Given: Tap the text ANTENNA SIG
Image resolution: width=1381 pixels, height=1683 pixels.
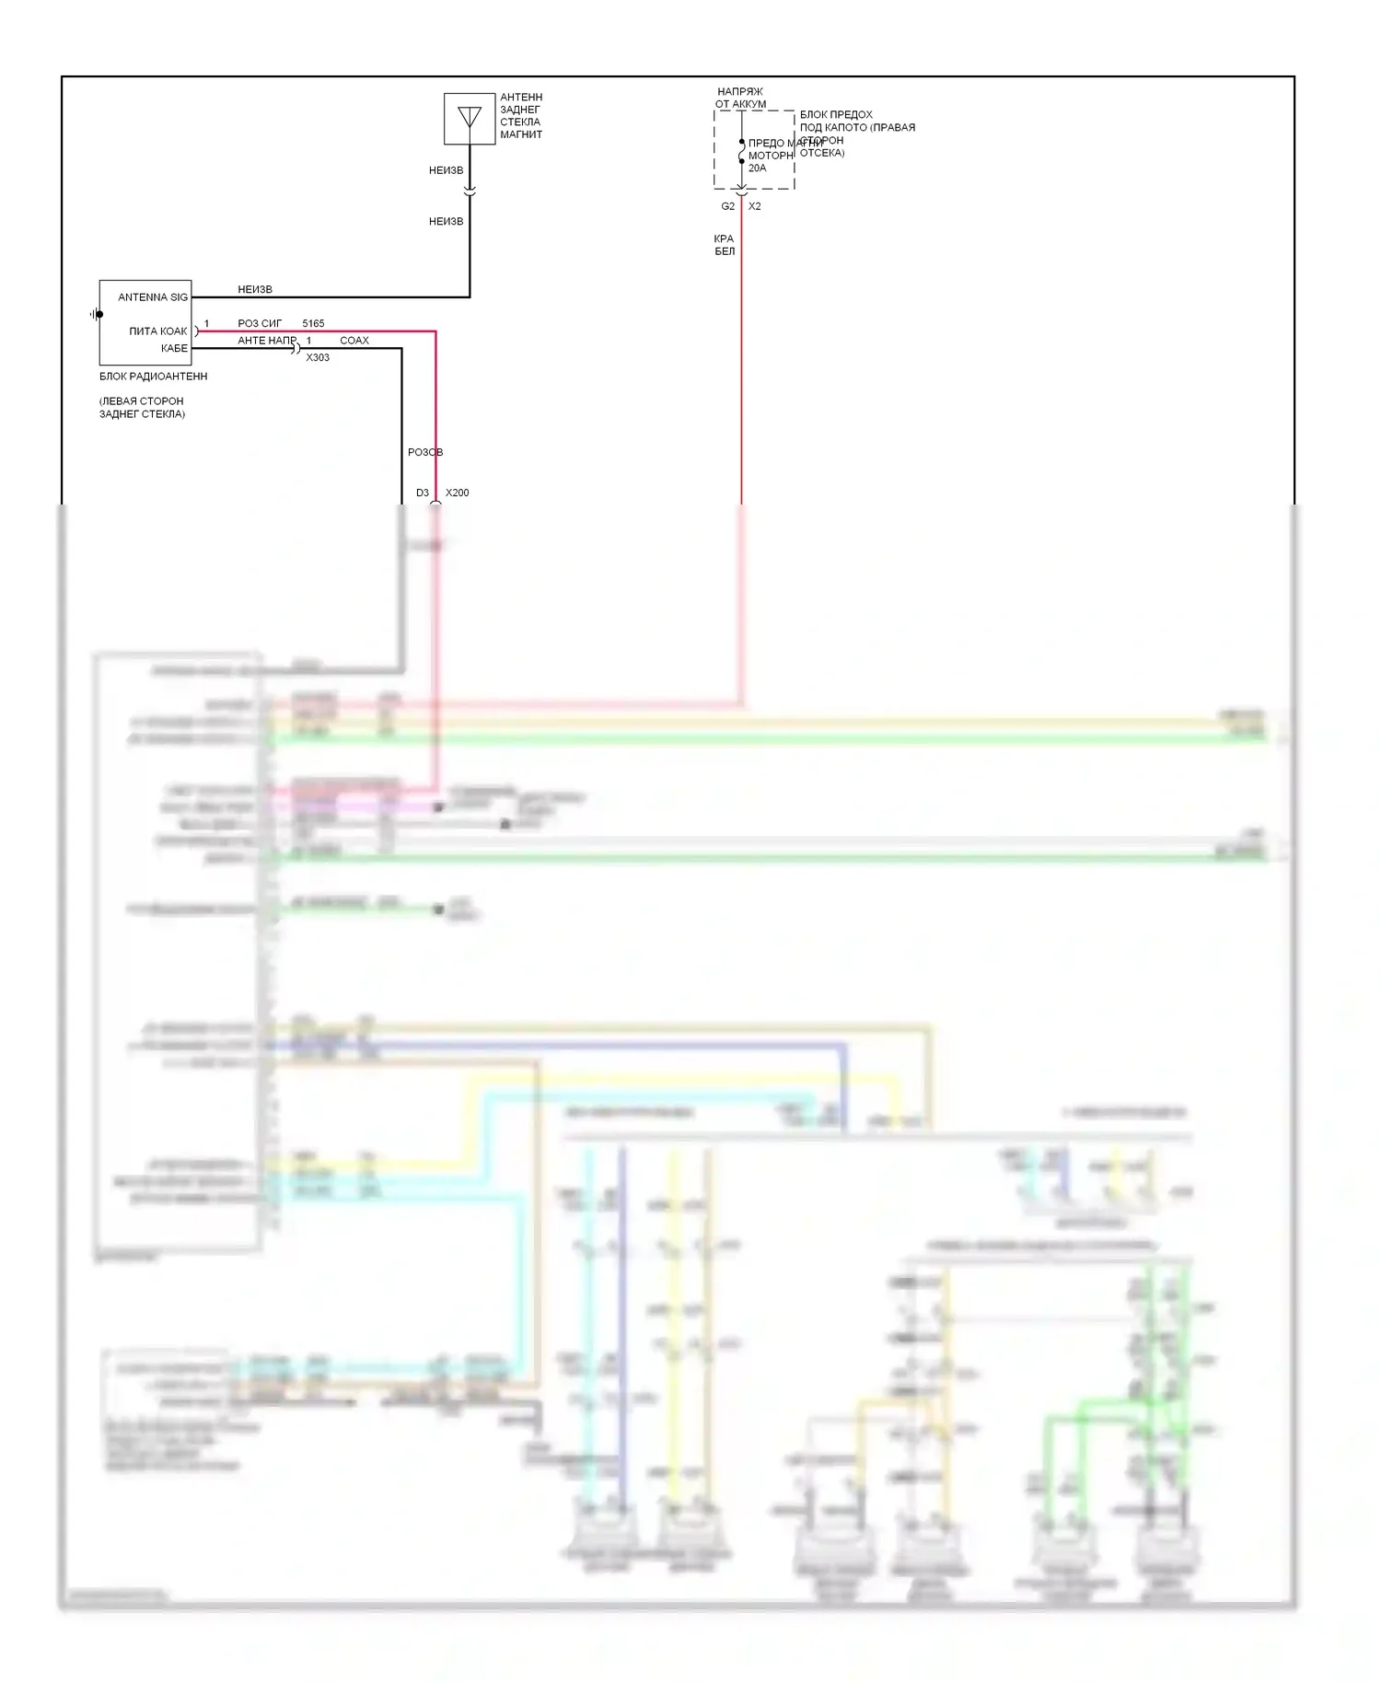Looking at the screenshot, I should pos(153,297).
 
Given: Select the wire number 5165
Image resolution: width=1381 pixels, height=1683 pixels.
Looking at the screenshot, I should pos(313,324).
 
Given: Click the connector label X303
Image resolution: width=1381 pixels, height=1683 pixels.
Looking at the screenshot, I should pos(318,358).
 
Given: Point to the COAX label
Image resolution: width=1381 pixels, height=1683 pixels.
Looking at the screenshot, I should pos(354,341).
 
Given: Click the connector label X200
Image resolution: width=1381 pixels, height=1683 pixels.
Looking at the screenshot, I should pos(458,493).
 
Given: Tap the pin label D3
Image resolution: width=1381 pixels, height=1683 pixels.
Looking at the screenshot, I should pos(423,493).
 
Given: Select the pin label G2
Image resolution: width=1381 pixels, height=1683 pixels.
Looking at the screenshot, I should pos(728,207).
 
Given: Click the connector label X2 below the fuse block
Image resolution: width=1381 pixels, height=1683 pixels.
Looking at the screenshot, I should pos(755,207).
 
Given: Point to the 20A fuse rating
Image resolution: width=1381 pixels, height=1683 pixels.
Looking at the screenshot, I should pos(757,168).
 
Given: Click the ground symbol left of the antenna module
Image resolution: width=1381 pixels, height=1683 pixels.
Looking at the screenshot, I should pos(97,314).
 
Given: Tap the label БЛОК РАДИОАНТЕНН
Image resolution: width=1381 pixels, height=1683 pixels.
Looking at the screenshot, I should pos(154,377).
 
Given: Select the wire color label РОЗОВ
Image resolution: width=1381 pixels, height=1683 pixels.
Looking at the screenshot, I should pos(425,453).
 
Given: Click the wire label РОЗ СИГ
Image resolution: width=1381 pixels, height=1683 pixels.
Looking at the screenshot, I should pos(260,324).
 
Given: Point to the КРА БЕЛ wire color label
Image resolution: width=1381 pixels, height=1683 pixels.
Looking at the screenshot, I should pos(725,245).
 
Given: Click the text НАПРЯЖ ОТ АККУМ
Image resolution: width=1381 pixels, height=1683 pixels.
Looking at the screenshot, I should pos(740,99).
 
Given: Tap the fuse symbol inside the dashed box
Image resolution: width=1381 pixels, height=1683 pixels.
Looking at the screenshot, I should pos(742,152).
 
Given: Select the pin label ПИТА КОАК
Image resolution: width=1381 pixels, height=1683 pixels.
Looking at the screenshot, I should pos(158,331).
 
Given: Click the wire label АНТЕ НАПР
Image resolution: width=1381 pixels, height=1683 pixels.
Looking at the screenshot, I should pos(267,341).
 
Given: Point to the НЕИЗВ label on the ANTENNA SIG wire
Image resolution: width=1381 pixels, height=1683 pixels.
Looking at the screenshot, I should pos(255,290).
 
